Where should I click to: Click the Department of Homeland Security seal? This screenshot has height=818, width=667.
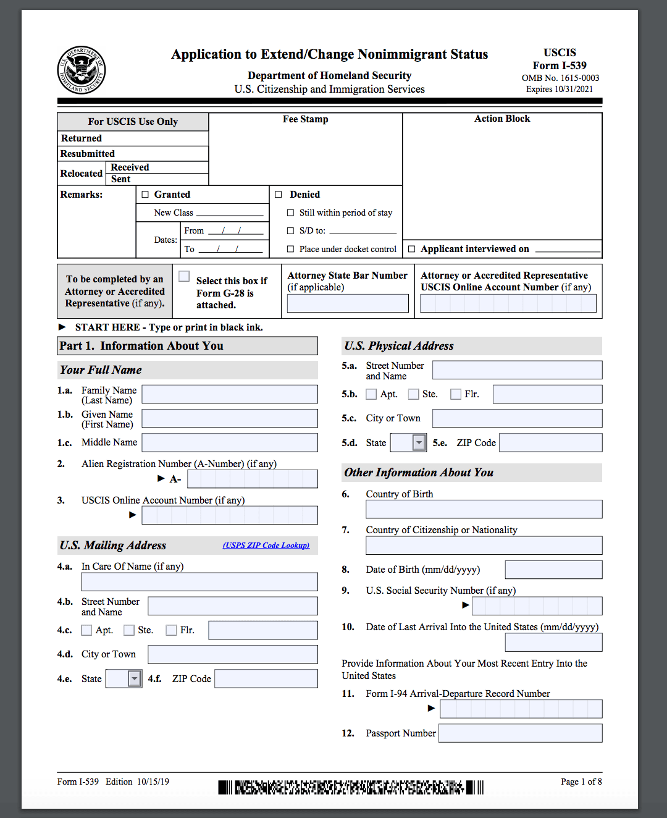(82, 70)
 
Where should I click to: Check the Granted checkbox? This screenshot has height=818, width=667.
(146, 195)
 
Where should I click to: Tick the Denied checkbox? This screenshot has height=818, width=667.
(279, 195)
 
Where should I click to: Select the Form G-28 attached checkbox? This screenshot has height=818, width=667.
(184, 276)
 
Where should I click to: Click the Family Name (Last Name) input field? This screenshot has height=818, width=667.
(230, 394)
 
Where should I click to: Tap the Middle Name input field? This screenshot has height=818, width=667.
(230, 442)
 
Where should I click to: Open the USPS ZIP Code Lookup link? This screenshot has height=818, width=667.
(266, 546)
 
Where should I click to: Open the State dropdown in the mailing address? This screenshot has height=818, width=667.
(135, 678)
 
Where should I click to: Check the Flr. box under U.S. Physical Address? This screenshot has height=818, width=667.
(456, 394)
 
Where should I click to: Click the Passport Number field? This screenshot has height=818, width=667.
(520, 733)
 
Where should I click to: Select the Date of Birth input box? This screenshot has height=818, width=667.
(553, 570)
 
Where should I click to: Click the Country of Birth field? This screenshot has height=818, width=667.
(484, 509)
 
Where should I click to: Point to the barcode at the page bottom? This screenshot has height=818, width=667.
(350, 787)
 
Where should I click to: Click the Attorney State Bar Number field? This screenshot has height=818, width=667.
(348, 303)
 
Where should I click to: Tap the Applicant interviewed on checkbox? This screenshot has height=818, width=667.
(412, 249)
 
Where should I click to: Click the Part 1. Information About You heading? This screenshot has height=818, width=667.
(187, 346)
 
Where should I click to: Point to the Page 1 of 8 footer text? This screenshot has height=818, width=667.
(581, 782)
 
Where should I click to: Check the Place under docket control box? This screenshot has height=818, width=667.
(290, 249)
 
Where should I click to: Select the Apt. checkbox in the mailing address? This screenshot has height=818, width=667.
(87, 630)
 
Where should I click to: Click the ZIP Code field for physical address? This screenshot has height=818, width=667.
(550, 442)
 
